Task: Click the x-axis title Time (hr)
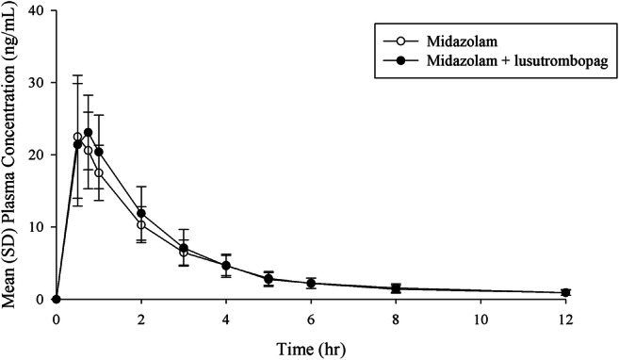pyautogui.click(x=312, y=348)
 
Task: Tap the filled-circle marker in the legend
pyautogui.click(x=399, y=60)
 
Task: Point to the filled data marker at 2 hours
pyautogui.click(x=141, y=213)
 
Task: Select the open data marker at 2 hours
pyautogui.click(x=141, y=225)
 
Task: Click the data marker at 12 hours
pyautogui.click(x=565, y=292)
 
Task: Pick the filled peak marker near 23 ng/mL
pyautogui.click(x=89, y=133)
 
